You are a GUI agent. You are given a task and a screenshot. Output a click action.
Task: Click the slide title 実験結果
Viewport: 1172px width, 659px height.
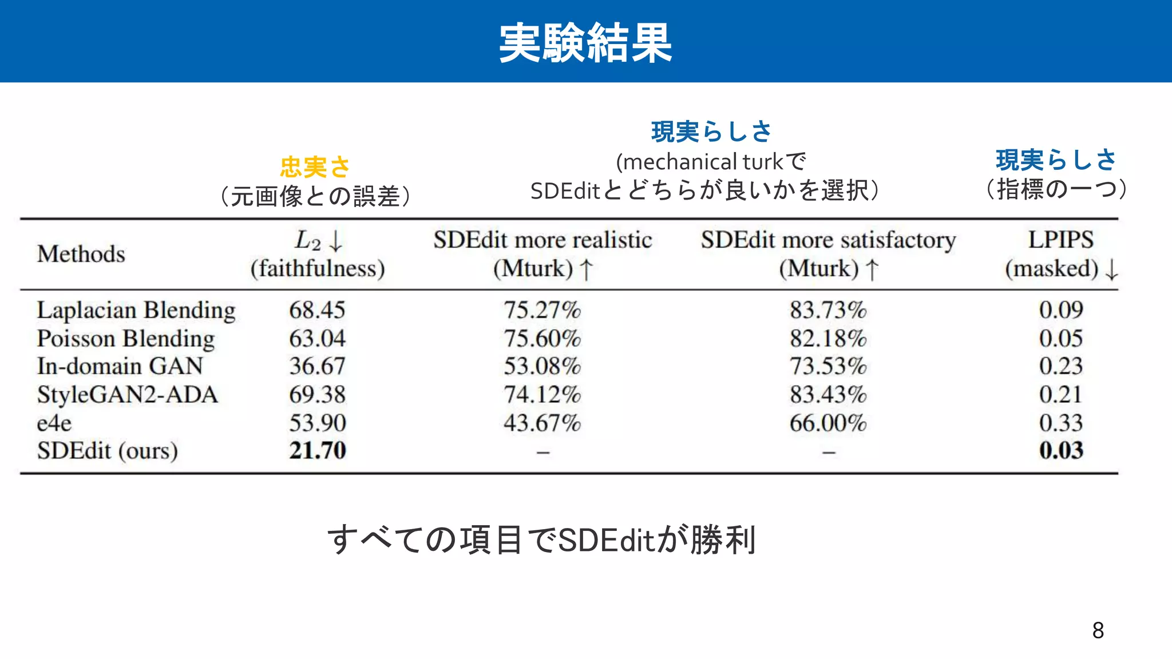pyautogui.click(x=585, y=43)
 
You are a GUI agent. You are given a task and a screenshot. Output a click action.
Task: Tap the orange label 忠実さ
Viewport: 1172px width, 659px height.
pyautogui.click(x=315, y=167)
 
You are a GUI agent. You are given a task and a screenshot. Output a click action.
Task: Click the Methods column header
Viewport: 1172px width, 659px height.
pyautogui.click(x=81, y=254)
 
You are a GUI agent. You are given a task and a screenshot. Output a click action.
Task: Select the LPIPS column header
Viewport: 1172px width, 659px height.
pyautogui.click(x=1060, y=240)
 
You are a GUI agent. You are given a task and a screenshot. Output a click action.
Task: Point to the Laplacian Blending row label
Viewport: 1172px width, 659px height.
pyautogui.click(x=136, y=311)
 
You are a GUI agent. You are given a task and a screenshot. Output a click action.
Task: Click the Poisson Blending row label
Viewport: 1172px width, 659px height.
pyautogui.click(x=126, y=339)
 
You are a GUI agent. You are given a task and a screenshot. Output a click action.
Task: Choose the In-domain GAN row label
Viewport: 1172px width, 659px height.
pyautogui.click(x=120, y=366)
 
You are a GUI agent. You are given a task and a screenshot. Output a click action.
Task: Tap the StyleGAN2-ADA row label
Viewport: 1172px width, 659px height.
pyautogui.click(x=128, y=395)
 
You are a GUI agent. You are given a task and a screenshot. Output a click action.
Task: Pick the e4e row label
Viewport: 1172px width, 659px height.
pyautogui.click(x=54, y=423)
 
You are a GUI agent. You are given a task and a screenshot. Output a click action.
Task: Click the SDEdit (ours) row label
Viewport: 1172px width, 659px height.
pyautogui.click(x=108, y=451)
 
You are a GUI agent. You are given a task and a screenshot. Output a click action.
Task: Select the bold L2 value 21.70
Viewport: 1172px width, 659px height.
pyautogui.click(x=318, y=451)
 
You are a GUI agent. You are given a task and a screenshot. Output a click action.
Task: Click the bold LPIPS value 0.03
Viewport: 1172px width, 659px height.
pyautogui.click(x=1061, y=451)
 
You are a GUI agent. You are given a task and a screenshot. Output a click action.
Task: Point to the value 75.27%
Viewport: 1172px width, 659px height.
pyautogui.click(x=542, y=311)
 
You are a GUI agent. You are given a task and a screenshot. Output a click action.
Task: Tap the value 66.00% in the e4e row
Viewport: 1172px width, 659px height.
pyautogui.click(x=828, y=423)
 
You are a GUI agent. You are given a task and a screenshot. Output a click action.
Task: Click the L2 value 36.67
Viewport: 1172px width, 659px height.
pyautogui.click(x=318, y=366)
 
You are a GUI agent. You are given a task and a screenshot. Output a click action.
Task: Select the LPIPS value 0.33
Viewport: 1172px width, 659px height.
pyautogui.click(x=1061, y=423)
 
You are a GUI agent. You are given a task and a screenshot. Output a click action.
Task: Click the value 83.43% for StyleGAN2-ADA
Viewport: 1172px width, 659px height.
pyautogui.click(x=828, y=395)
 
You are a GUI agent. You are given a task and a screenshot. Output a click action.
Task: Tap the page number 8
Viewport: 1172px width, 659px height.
pyautogui.click(x=1098, y=630)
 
